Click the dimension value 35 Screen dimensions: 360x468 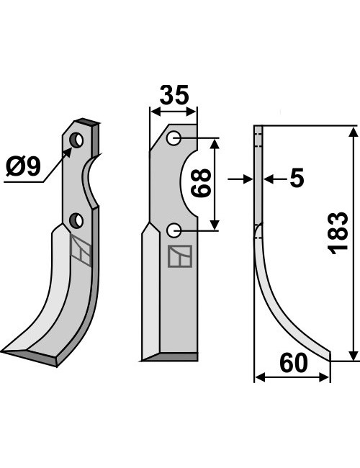tap(174, 95)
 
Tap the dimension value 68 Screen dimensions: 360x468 tap(201, 183)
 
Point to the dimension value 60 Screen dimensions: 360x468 tap(294, 363)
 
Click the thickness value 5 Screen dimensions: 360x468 tap(297, 178)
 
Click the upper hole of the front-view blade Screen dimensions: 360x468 tap(174, 138)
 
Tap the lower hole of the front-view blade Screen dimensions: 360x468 tap(174, 230)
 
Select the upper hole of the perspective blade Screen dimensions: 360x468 tap(76, 140)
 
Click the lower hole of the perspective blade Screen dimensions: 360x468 tap(76, 221)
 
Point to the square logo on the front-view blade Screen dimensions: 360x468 tap(180, 256)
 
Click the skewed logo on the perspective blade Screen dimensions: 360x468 tap(81, 250)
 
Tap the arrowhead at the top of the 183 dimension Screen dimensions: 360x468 tap(354, 132)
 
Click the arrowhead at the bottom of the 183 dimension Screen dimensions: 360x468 tap(354, 355)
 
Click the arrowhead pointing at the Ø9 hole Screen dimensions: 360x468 tap(68, 152)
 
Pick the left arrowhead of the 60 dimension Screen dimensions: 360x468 tap(261, 377)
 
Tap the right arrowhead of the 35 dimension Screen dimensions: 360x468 tap(191, 112)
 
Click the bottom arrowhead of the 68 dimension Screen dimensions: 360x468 tap(215, 225)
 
